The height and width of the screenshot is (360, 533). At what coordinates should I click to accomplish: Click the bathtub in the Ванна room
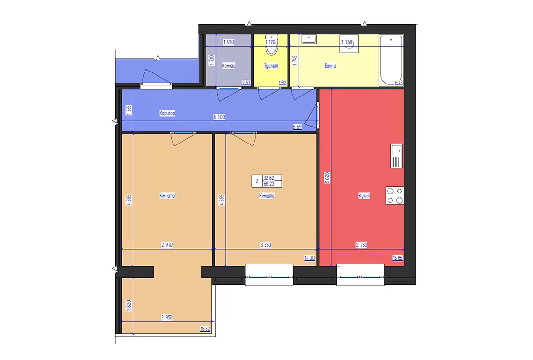391,60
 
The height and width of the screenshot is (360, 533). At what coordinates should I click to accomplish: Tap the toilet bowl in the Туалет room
271,45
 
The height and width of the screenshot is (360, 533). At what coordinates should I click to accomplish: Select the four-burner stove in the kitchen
395,195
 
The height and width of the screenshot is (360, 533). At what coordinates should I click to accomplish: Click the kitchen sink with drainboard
396,156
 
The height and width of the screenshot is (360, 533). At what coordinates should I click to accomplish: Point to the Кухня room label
364,196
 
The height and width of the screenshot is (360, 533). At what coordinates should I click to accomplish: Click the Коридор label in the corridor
167,113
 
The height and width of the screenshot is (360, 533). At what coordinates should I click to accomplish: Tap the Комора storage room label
229,66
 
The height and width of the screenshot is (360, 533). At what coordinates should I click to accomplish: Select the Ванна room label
330,66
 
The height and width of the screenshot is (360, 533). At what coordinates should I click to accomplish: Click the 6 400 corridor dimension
219,117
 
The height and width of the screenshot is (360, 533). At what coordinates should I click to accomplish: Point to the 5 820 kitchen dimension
327,178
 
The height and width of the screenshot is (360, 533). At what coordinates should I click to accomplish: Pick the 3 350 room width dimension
266,245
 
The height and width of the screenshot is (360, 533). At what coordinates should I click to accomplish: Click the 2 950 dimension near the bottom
167,317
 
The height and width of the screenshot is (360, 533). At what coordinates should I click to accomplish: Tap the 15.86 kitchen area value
398,258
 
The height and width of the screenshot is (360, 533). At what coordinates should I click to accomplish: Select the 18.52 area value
205,329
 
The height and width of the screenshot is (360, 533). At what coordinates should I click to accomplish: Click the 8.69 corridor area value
297,126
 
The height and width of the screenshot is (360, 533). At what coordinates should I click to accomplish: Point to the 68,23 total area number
268,184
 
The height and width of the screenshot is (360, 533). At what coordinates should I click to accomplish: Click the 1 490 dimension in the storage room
229,42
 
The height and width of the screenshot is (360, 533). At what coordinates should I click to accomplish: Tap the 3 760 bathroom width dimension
347,42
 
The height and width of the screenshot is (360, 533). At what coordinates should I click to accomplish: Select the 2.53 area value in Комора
246,82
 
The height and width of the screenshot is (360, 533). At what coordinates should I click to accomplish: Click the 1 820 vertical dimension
129,305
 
